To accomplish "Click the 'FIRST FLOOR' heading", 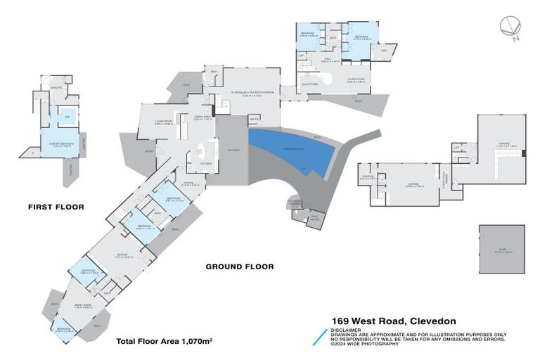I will pyautogui.click(x=56, y=207).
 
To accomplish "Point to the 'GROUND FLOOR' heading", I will pyautogui.click(x=239, y=266).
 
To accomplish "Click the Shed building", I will pyautogui.click(x=501, y=250).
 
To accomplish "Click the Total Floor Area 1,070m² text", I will pyautogui.click(x=165, y=341).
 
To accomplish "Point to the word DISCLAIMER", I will pyautogui.click(x=347, y=329).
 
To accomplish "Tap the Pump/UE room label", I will pyautogui.click(x=366, y=178).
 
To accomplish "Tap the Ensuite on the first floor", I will pyautogui.click(x=55, y=88).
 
